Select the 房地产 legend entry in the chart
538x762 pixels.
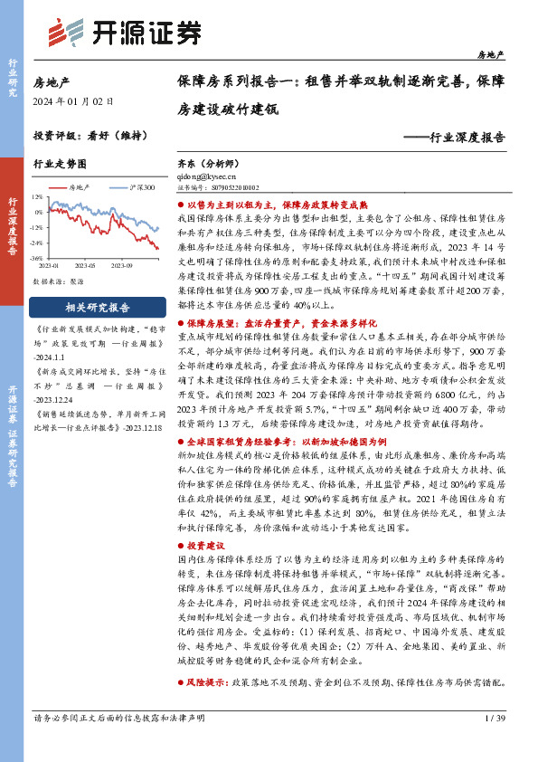pyautogui.click(x=80, y=186)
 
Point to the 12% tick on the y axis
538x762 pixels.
pyautogui.click(x=36, y=195)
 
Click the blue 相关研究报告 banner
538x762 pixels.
pyautogui.click(x=98, y=307)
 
